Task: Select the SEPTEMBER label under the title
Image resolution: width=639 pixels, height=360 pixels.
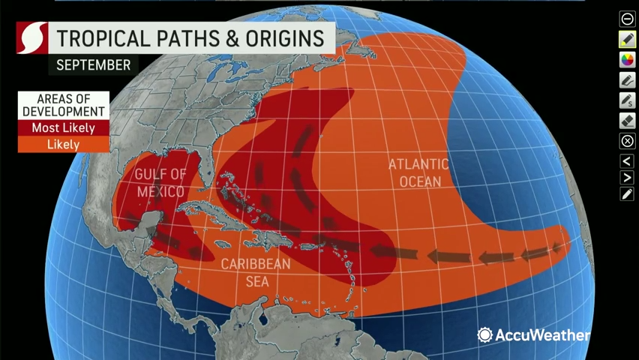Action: [x=94, y=65]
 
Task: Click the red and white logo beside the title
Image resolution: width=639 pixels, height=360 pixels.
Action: [x=32, y=38]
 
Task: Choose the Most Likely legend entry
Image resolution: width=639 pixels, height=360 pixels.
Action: [x=63, y=128]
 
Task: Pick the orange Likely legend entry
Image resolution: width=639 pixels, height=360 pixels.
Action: [x=63, y=144]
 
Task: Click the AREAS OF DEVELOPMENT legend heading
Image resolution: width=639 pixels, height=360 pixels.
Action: [x=63, y=105]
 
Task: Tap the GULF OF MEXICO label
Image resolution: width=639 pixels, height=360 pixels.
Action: [x=160, y=183]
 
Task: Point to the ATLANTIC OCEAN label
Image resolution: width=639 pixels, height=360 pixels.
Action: [x=418, y=172]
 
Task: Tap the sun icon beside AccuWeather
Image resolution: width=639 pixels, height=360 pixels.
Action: [x=484, y=335]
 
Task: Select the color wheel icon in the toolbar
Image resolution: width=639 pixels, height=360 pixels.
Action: [x=627, y=59]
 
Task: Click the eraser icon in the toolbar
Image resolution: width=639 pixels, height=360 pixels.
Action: [x=627, y=120]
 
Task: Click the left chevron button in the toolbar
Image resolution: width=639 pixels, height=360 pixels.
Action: [x=627, y=160]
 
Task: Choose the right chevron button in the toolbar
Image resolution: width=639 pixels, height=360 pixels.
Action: [x=627, y=178]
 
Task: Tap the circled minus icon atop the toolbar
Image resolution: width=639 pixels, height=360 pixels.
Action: [x=627, y=19]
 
